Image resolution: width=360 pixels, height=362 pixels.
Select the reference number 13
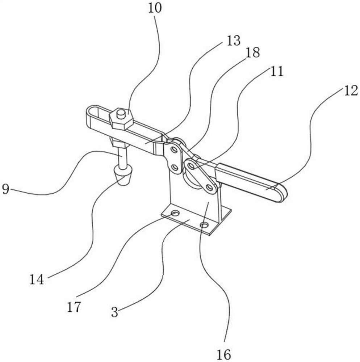pos(233,41)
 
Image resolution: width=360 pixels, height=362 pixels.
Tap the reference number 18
pos(252,53)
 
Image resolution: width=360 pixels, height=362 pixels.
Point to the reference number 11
pos(276,71)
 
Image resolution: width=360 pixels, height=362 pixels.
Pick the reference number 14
pos(37,279)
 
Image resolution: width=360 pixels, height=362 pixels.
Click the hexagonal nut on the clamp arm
pos(121,119)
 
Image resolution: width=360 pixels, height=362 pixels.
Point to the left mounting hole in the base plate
pos(175,213)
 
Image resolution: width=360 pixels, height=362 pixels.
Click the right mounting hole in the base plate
pos(204,226)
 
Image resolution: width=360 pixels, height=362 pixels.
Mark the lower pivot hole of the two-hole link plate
pos(175,167)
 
